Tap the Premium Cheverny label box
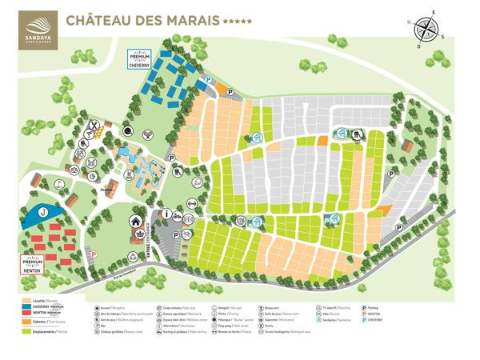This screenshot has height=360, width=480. tap(140, 60)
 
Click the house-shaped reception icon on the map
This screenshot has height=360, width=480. tap(136, 222)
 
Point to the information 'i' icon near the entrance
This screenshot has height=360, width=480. tap(167, 214)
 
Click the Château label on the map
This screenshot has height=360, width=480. tap(105, 190)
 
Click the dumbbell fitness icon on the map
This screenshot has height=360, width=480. tap(191, 214)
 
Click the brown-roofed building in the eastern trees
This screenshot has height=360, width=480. tap(406, 148)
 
